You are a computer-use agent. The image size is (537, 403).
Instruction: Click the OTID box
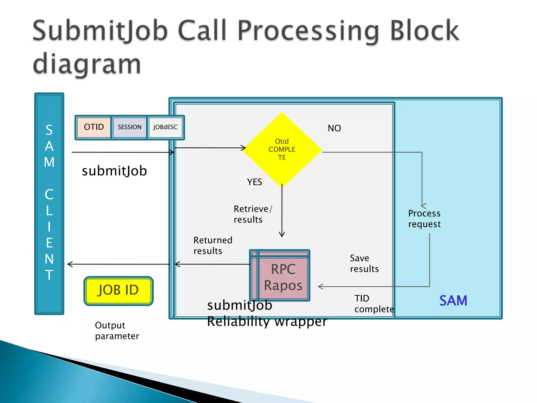(x=94, y=127)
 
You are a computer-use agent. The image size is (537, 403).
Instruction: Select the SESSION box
(x=129, y=127)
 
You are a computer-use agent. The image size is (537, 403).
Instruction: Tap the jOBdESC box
(x=165, y=127)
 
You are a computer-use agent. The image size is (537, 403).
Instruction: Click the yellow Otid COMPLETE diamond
(x=282, y=149)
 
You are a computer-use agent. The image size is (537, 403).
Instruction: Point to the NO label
(x=334, y=128)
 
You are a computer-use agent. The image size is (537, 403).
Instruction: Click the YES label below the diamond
(x=254, y=182)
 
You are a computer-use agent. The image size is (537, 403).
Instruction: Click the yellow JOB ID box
(x=118, y=290)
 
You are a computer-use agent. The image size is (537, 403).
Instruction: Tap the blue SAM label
(x=453, y=301)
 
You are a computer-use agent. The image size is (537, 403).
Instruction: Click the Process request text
(x=424, y=219)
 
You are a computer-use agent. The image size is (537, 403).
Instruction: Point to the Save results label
(x=364, y=263)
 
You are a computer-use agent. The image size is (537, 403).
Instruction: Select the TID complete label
(x=374, y=304)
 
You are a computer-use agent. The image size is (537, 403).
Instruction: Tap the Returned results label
(x=213, y=246)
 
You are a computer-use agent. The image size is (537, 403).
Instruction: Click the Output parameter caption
(x=117, y=331)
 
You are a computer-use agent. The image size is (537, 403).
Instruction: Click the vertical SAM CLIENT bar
(x=49, y=203)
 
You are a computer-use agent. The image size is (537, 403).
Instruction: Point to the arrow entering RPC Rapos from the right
(x=367, y=287)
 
